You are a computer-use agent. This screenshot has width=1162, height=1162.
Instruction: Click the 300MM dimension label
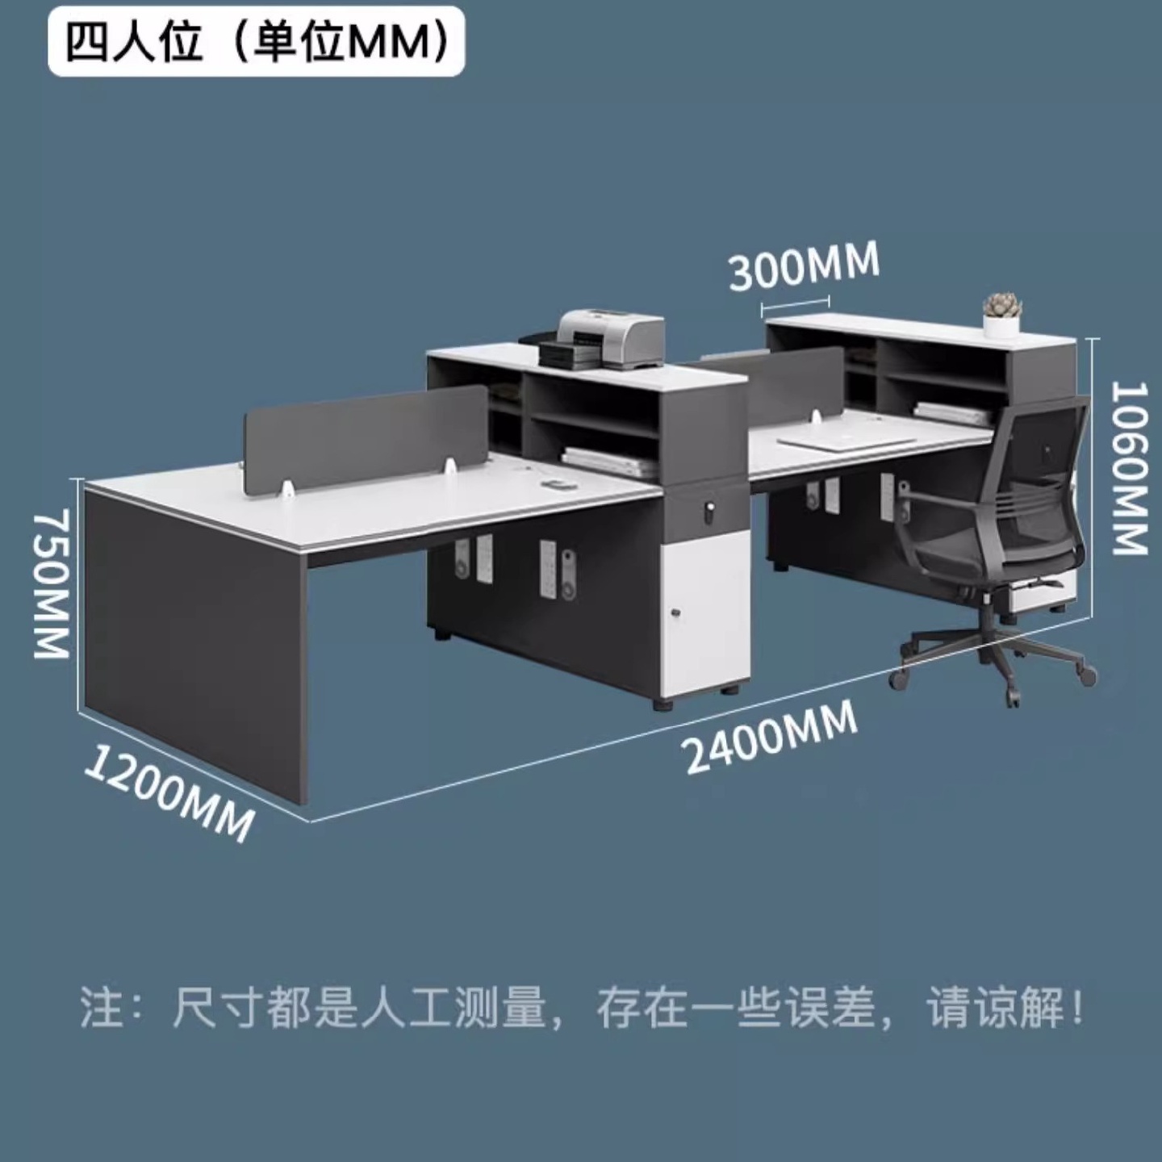coord(804,266)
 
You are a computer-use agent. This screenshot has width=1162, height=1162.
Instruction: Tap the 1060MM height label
coord(1129,468)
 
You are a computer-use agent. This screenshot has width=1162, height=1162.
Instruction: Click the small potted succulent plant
coord(1002,314)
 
